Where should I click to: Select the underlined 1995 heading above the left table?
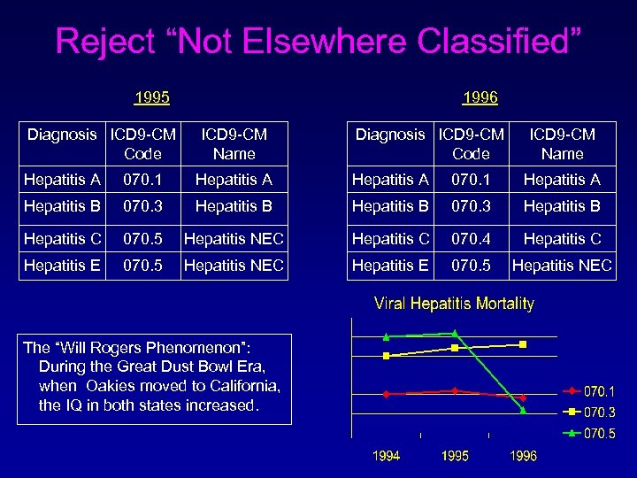click(x=151, y=96)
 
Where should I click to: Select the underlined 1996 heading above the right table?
click(x=480, y=96)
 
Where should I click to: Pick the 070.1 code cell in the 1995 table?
click(x=142, y=180)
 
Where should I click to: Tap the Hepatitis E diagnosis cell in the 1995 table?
click(x=63, y=266)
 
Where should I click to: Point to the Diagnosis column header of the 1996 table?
click(x=389, y=135)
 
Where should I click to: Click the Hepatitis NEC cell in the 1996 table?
click(x=563, y=266)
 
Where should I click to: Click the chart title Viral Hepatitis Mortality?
click(x=454, y=304)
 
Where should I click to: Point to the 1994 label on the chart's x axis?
click(x=386, y=456)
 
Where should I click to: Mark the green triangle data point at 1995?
click(x=455, y=333)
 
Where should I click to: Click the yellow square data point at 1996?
click(x=523, y=343)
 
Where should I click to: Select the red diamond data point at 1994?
click(x=386, y=394)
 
